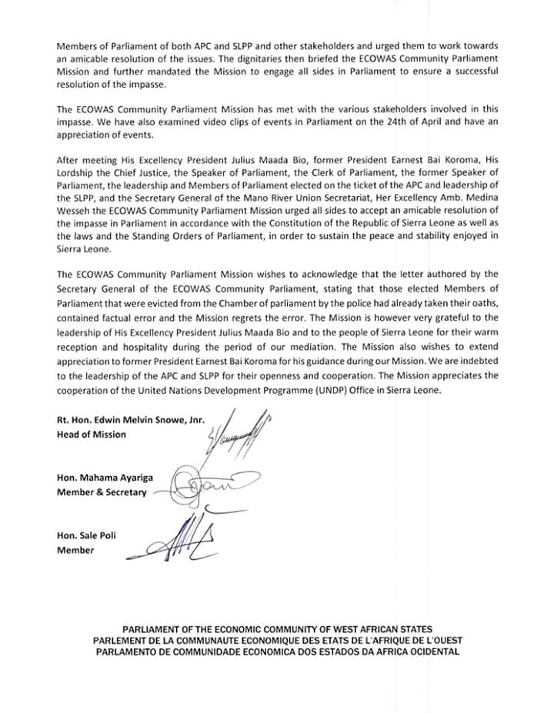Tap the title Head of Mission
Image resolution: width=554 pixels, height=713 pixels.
(x=92, y=435)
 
